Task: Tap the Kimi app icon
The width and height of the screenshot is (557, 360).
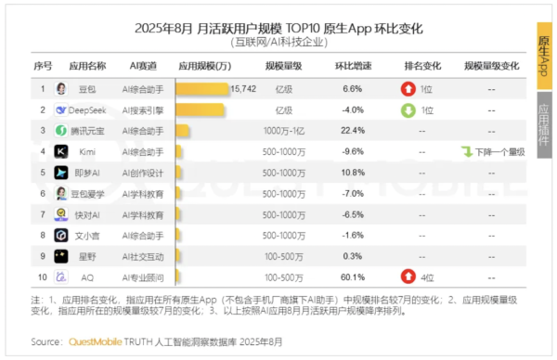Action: (x=61, y=151)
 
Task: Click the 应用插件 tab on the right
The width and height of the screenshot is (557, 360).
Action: (x=545, y=126)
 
